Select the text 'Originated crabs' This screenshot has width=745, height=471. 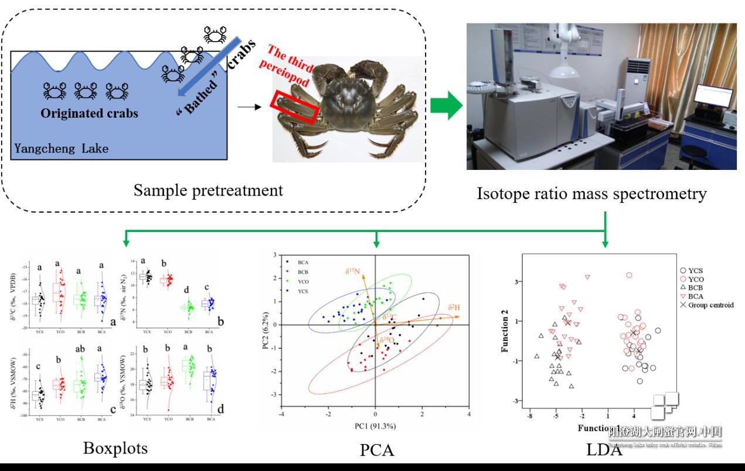point(89,113)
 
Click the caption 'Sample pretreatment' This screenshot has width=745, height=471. point(208,190)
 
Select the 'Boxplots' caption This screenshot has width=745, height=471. point(115,448)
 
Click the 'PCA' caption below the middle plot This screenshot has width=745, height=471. point(376,450)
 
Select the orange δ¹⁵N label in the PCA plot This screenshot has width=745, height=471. point(352,271)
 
